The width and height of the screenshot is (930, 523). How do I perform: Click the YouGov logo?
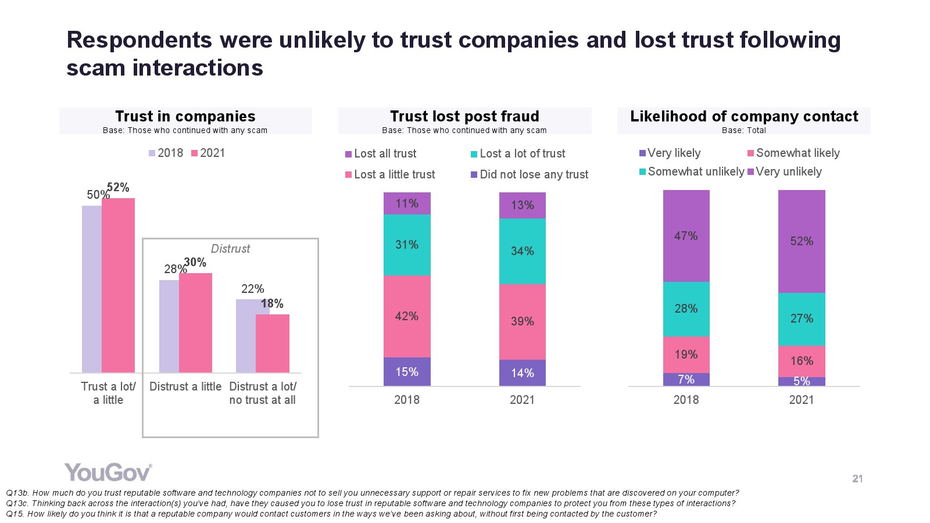pos(108,472)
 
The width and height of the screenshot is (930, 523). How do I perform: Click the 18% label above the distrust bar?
pos(272,303)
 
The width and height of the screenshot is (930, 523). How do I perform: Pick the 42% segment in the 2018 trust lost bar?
pos(407,316)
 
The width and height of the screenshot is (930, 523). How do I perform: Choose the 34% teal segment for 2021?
pos(522,251)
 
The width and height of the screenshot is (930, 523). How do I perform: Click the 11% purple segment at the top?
pos(407,203)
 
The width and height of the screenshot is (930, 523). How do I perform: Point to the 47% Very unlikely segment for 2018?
pos(686,236)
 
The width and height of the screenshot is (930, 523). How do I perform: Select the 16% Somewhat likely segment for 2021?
pos(802,361)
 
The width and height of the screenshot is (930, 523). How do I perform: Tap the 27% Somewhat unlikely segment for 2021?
pos(802,318)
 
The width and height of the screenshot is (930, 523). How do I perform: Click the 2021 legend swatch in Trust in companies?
pos(195,153)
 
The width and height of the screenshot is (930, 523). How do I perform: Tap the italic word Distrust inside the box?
pos(230,249)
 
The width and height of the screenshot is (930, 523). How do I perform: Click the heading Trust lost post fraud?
pos(464,116)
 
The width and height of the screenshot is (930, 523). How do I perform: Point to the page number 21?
pos(857,479)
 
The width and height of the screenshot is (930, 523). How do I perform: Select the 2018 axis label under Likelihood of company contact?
pos(686,400)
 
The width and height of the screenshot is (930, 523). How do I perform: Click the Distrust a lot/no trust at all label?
pos(263,393)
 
